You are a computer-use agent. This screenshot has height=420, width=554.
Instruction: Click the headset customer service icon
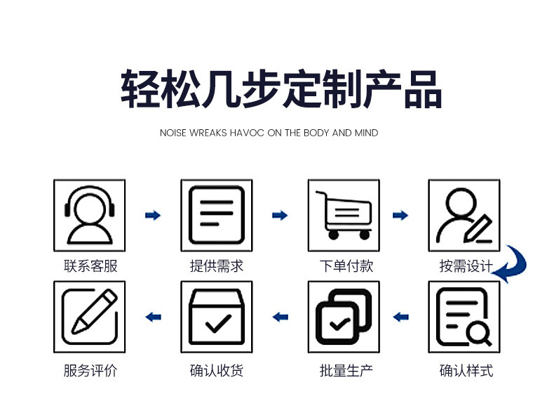(89, 214)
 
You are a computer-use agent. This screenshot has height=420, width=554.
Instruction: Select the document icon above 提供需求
(216, 214)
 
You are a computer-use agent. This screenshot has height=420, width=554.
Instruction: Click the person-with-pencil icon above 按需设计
(464, 214)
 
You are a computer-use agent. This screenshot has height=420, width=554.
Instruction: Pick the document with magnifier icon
(464, 317)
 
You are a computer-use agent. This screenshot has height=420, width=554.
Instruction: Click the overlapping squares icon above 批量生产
(343, 317)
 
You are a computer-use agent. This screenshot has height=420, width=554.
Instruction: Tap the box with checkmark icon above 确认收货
(216, 317)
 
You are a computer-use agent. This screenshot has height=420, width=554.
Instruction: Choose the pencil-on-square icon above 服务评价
(89, 317)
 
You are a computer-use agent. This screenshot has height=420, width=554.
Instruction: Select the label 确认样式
(466, 370)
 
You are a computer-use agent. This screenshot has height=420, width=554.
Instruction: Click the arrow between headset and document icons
(152, 215)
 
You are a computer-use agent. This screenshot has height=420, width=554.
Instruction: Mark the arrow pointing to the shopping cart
(280, 215)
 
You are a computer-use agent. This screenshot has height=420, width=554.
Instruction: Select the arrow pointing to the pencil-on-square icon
(152, 317)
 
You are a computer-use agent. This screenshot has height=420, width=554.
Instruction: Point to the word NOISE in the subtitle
(173, 133)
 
